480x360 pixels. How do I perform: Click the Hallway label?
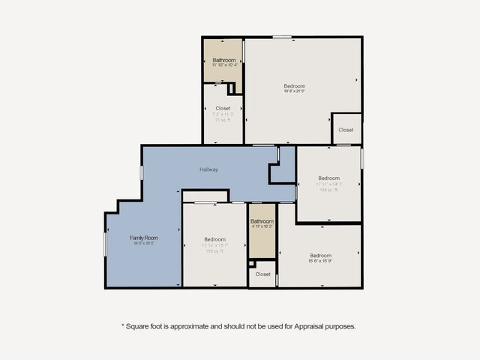click(208, 169)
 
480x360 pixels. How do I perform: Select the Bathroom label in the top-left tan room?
click(223, 60)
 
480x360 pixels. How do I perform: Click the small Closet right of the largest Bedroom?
click(346, 130)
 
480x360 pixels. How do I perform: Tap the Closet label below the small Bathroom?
click(262, 274)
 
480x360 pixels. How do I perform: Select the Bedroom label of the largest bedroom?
click(294, 86)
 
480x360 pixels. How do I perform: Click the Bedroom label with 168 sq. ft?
click(328, 178)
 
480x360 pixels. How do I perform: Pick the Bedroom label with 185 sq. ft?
click(214, 239)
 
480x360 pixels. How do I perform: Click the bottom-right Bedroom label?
click(320, 255)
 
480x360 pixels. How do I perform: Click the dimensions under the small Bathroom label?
click(262, 226)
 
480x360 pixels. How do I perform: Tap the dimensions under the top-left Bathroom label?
click(223, 65)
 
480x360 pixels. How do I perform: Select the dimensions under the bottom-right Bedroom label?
click(320, 261)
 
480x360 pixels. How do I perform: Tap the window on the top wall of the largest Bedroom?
click(282, 37)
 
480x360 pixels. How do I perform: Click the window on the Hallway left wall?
click(142, 172)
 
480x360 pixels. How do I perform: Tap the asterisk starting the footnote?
click(123, 325)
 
